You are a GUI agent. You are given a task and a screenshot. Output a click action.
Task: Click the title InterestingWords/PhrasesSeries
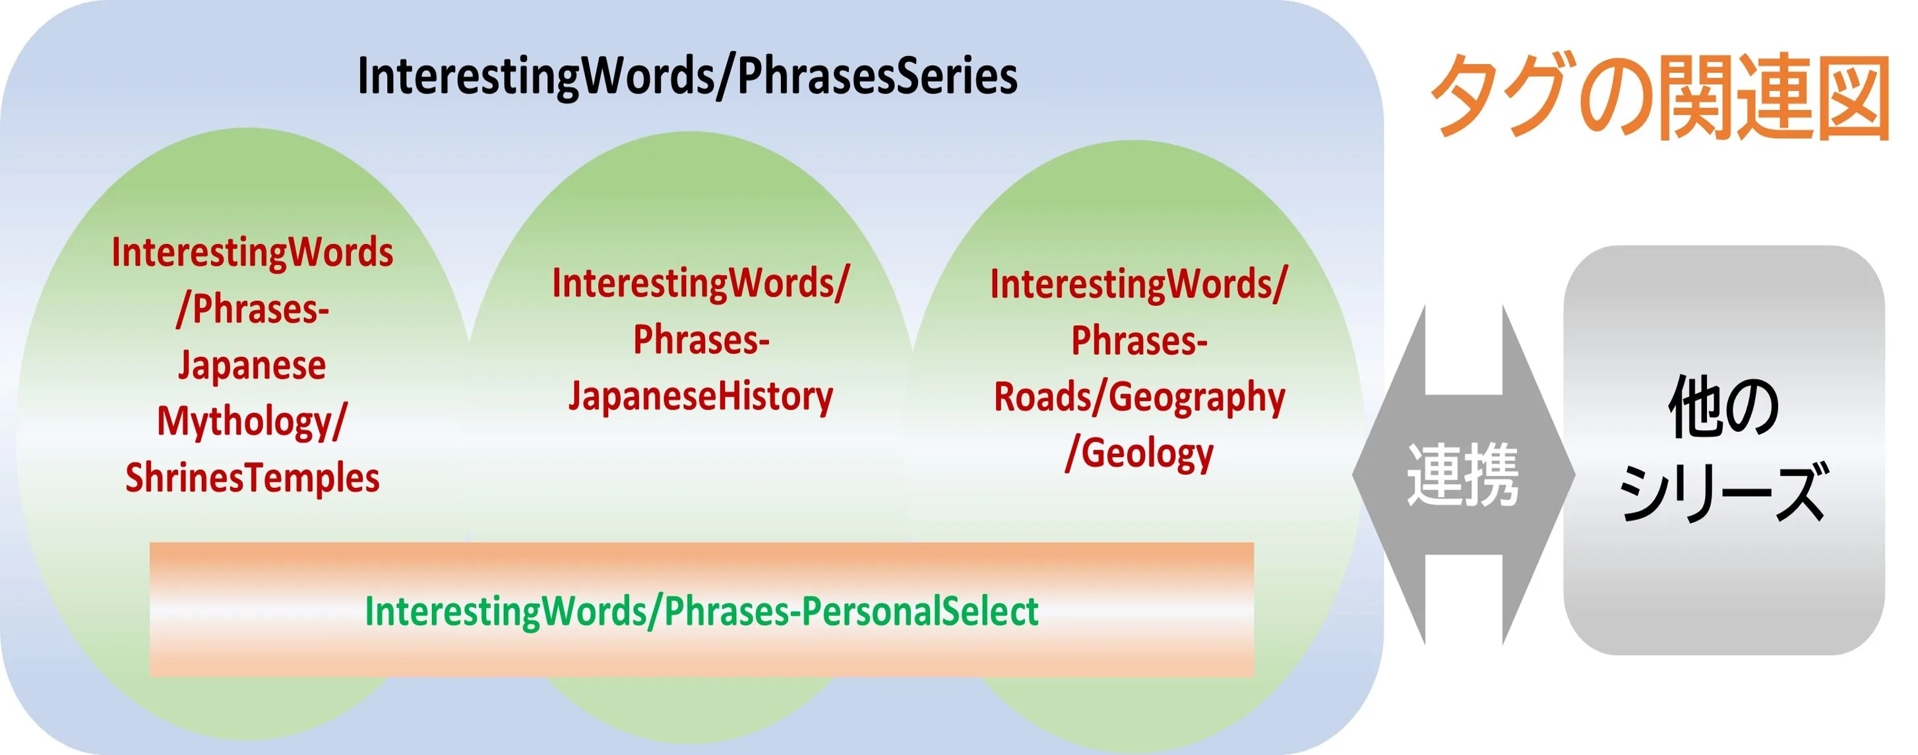[x=687, y=76]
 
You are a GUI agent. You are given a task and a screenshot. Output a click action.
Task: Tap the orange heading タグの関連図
[x=1659, y=97]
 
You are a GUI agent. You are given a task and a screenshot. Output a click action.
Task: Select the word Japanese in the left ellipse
[x=252, y=365]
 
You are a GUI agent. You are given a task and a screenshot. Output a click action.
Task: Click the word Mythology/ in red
[x=252, y=422]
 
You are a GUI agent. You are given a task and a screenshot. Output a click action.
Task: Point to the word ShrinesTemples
[x=252, y=478]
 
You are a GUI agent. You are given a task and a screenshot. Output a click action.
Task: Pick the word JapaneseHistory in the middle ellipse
[x=700, y=396]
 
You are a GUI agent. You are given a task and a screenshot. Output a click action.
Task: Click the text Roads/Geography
[x=1139, y=397]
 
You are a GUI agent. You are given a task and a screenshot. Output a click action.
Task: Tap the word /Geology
[x=1139, y=454]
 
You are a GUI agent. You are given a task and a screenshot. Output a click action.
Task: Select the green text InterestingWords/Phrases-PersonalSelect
[x=701, y=611]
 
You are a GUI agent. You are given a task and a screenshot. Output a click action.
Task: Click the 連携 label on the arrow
[x=1462, y=475]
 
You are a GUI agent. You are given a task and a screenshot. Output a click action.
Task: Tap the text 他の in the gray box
[x=1723, y=408]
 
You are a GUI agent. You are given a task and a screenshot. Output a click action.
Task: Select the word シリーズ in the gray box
[x=1723, y=491]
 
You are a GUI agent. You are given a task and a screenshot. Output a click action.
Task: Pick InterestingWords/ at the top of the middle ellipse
[x=700, y=284]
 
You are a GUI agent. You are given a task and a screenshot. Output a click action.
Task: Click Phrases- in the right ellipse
[x=1139, y=341]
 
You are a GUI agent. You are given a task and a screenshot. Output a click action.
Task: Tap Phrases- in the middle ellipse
[x=700, y=340]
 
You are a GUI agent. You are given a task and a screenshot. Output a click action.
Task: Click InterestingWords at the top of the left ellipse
[x=252, y=253]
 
